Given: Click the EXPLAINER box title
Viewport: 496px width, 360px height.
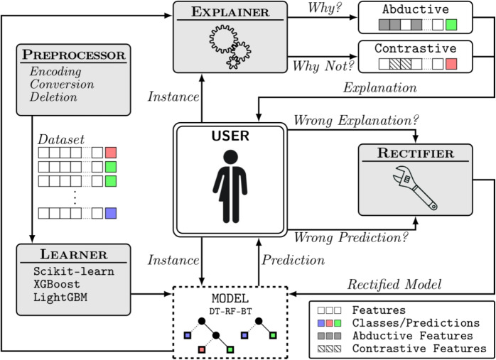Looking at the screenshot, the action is [230, 12].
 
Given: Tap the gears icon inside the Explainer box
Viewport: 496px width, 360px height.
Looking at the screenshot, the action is [230, 47].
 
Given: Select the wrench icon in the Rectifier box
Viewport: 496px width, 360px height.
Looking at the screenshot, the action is [415, 188].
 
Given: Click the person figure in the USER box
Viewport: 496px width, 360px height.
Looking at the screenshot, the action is [230, 186].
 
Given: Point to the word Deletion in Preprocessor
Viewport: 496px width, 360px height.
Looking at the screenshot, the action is [53, 97].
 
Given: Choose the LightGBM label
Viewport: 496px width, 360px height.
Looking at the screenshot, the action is [60, 297].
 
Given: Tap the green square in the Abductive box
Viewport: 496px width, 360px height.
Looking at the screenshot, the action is [451, 25].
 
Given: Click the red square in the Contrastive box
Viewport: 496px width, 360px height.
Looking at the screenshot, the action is [451, 64].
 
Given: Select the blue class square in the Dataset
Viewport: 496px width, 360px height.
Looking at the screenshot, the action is [111, 213].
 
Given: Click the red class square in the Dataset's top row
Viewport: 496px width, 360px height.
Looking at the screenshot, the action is [111, 153].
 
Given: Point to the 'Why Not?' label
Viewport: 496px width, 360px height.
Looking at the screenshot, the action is [323, 66].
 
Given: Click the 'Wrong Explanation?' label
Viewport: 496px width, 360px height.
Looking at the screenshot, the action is [356, 121].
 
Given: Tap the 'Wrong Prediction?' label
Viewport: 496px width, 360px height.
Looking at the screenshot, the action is [351, 237].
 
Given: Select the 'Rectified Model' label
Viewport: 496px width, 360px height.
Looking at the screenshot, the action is [394, 284].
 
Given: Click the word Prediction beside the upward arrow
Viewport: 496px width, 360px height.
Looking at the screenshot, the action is [293, 260].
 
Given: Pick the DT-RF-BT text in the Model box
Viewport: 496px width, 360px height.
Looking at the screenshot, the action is [230, 311].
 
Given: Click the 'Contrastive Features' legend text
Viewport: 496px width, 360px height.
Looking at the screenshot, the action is [419, 349].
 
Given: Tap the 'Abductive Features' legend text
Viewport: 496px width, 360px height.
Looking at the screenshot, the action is [412, 336].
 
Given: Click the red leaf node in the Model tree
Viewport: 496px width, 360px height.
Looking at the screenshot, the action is [202, 349].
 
